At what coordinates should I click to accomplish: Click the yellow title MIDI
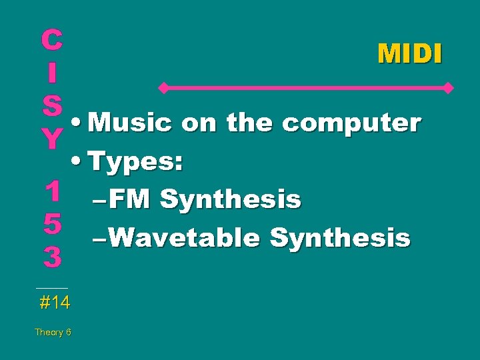coord(409,54)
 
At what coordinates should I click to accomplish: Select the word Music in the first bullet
coord(131,123)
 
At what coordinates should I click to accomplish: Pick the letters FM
coord(128,199)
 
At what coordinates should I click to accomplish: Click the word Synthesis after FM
coord(231,199)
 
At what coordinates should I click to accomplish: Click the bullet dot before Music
coord(79,124)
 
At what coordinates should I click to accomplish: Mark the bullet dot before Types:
coord(79,162)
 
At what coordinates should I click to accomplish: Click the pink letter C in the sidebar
coord(51,41)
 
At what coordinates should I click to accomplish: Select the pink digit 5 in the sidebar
coord(52,225)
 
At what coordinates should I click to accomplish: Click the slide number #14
coord(54,303)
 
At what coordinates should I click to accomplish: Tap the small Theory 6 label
coord(53,332)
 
